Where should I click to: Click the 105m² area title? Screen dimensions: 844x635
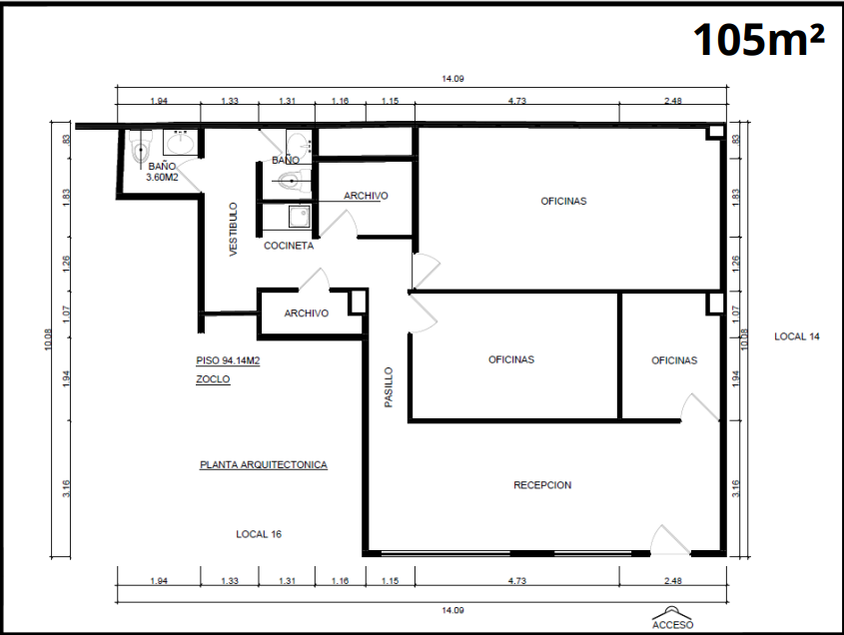tap(758, 39)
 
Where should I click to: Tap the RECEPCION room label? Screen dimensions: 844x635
tap(542, 485)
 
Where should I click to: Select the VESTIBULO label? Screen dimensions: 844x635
tap(233, 230)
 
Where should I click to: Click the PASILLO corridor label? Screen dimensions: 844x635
tap(389, 387)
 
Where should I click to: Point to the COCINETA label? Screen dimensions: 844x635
tap(289, 246)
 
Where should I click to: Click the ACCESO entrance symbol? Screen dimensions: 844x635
tap(672, 618)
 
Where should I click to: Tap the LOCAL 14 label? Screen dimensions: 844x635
tap(797, 336)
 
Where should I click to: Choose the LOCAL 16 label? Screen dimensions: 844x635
tap(259, 534)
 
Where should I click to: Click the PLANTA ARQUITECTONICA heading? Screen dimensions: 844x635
tap(264, 465)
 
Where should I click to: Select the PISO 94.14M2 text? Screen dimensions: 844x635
tap(228, 360)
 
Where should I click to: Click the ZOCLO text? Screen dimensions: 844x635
tap(213, 379)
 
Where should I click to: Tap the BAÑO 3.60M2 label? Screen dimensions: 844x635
tap(162, 172)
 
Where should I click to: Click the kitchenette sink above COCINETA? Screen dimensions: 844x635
tap(300, 217)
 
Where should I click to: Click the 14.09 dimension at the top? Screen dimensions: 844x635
tap(452, 79)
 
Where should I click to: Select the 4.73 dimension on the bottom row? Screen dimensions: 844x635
tap(516, 581)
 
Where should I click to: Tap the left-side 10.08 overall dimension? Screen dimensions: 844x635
tap(48, 339)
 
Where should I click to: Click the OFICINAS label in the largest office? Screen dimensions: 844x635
tap(563, 202)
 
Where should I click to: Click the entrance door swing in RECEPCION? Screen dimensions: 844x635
tap(669, 539)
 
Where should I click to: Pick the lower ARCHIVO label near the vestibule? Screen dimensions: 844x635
tap(307, 314)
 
